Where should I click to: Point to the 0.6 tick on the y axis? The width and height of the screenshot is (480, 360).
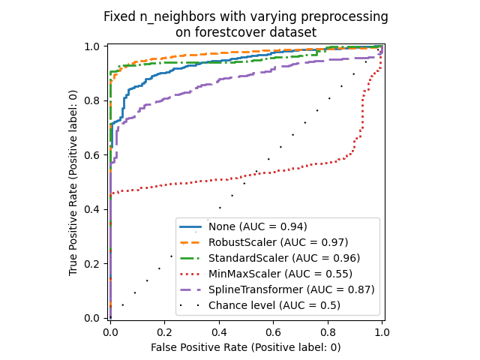tap(92, 155)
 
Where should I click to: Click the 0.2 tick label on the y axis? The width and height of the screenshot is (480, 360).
tap(92, 264)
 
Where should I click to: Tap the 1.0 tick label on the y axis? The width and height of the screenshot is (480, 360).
tap(92, 46)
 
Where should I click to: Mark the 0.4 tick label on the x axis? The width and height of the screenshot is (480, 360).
tap(219, 330)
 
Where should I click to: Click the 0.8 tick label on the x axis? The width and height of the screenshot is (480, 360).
tap(328, 330)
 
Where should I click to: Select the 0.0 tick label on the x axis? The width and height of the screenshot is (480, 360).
tap(110, 330)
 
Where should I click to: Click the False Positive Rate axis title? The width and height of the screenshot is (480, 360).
tap(246, 347)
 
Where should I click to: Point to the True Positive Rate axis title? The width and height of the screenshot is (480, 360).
tap(73, 181)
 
